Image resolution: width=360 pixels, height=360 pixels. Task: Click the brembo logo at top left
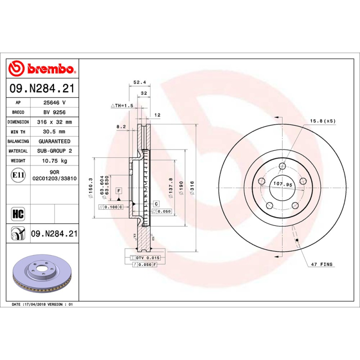(x=41, y=69)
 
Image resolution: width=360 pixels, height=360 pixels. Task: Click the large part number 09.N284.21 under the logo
(x=41, y=89)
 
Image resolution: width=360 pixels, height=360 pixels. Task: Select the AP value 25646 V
(x=55, y=103)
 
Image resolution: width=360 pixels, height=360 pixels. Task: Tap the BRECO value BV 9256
(x=55, y=112)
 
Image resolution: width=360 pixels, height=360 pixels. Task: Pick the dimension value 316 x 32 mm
(x=55, y=122)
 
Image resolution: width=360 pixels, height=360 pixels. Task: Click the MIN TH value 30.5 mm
(x=55, y=131)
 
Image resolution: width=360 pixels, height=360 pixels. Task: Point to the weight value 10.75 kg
(x=55, y=161)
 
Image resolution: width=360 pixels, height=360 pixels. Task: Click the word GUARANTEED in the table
(x=55, y=141)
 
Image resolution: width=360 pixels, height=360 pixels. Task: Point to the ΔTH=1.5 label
(x=122, y=105)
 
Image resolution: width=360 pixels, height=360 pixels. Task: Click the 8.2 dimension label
(x=121, y=127)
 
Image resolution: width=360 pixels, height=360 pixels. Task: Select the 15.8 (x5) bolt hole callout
(x=322, y=121)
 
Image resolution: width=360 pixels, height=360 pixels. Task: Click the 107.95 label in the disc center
(x=283, y=184)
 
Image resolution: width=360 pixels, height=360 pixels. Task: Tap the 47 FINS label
(x=322, y=264)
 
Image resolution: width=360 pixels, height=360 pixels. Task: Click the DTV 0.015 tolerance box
(x=147, y=258)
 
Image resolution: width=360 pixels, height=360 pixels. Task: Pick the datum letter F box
(x=119, y=191)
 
